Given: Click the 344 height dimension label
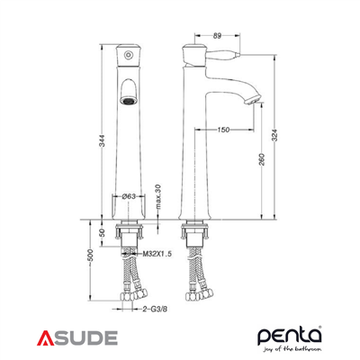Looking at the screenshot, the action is (103, 140).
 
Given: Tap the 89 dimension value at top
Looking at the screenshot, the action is (217, 36).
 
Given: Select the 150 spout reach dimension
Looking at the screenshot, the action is (223, 130).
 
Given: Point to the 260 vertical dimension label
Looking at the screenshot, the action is (262, 159).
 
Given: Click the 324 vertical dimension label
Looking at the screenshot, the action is (275, 135).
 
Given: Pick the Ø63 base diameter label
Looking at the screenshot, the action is (130, 196).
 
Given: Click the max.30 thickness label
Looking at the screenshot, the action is (158, 196).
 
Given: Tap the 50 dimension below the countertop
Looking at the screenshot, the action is (102, 232).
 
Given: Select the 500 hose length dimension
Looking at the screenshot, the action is (91, 255).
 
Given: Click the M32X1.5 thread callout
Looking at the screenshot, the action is (157, 254).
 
